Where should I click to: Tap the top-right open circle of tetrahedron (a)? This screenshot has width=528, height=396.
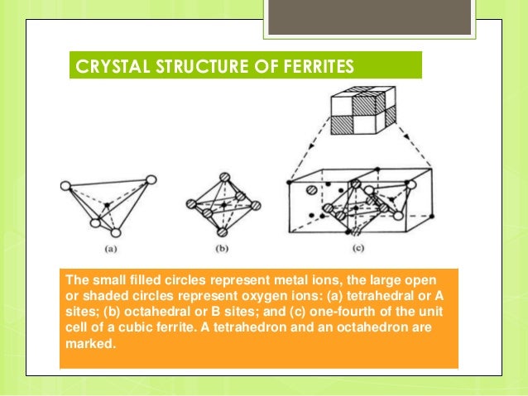(x=151, y=179)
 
